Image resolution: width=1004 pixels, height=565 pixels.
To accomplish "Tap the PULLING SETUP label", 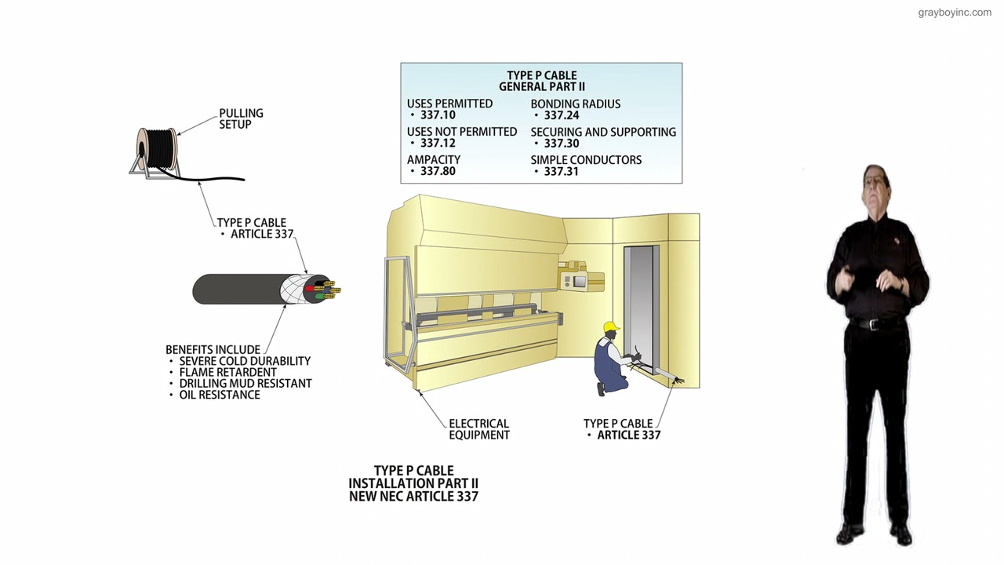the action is pyautogui.click(x=241, y=118).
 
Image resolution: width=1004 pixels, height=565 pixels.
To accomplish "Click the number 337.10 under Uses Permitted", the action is pyautogui.click(x=438, y=115).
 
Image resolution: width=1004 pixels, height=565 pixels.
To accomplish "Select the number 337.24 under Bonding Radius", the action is pyautogui.click(x=561, y=115).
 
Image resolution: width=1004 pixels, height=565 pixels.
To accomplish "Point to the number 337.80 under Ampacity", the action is pyautogui.click(x=438, y=171).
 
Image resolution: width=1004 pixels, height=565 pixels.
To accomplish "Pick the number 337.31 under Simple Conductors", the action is pyautogui.click(x=561, y=172).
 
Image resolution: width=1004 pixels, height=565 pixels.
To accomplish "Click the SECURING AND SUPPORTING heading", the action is pyautogui.click(x=603, y=133).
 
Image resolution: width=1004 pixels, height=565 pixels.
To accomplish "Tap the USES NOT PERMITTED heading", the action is pyautogui.click(x=462, y=132).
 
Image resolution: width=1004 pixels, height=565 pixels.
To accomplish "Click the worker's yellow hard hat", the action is pyautogui.click(x=611, y=327).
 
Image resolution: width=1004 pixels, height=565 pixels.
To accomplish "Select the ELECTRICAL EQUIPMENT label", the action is pyautogui.click(x=479, y=429).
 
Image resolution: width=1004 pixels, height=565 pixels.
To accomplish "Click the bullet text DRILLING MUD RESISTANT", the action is pyautogui.click(x=246, y=384).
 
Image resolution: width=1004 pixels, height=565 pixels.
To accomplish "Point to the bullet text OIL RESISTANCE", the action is pyautogui.click(x=220, y=395).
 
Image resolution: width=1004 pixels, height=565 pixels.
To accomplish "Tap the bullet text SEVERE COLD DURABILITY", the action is pyautogui.click(x=245, y=362).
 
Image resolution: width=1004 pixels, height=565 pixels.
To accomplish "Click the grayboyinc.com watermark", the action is pyautogui.click(x=955, y=13).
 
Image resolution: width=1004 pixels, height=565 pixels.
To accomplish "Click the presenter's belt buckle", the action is pyautogui.click(x=871, y=324).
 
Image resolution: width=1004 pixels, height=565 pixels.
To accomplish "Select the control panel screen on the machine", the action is pyautogui.click(x=579, y=282).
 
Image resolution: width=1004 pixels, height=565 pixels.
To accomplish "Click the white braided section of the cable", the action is pyautogui.click(x=293, y=290).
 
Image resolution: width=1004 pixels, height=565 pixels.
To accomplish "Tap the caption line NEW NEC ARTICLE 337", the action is pyautogui.click(x=413, y=497).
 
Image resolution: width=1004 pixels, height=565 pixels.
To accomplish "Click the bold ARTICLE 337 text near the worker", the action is pyautogui.click(x=629, y=435).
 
